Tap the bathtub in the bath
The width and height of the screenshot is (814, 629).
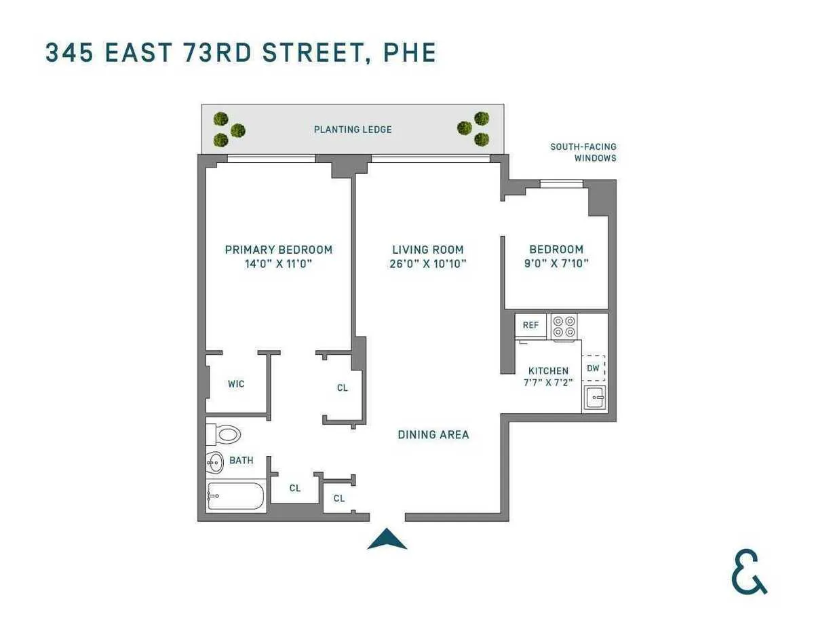[235, 497]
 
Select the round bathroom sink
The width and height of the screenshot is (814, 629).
[215, 463]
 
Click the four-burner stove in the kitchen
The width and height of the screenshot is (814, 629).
[563, 326]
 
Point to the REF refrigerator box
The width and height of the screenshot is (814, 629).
[530, 325]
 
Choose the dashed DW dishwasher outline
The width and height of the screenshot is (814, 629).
[594, 368]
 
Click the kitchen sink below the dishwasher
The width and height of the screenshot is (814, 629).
[595, 398]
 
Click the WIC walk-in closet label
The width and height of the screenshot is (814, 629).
[236, 384]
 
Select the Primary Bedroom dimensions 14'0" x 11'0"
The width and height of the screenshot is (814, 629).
[279, 263]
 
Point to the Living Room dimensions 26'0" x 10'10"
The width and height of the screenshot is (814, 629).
[428, 263]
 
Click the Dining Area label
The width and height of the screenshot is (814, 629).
[433, 434]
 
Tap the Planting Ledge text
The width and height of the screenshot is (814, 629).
[353, 130]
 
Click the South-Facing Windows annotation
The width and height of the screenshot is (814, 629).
[583, 153]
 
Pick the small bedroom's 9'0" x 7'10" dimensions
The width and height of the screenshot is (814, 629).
[556, 263]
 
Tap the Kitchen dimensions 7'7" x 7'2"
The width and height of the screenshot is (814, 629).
[548, 382]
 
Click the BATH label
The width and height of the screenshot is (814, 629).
[241, 460]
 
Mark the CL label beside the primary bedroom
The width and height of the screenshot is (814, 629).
[343, 387]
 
